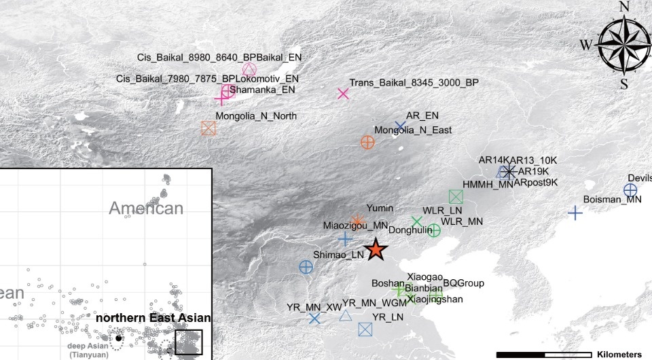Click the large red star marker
376,251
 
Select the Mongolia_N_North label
256,116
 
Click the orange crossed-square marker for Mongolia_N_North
209,128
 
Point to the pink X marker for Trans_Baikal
343,94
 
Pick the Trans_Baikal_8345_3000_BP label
414,83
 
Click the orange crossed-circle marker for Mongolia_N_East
367,142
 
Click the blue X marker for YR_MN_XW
314,318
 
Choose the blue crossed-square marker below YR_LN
365,329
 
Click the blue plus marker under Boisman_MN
575,213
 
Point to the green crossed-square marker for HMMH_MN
456,197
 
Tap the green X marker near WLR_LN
417,221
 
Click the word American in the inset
146,209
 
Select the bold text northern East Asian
153,318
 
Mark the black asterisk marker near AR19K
509,171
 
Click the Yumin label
380,208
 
